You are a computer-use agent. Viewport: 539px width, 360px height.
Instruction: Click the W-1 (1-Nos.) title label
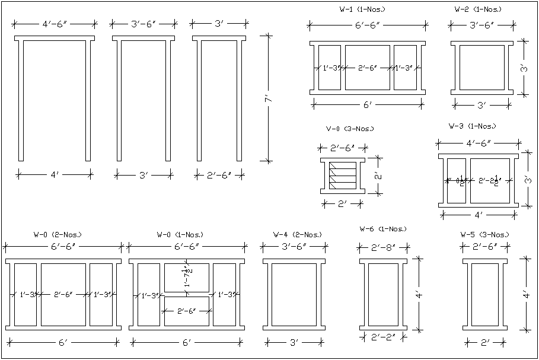362,9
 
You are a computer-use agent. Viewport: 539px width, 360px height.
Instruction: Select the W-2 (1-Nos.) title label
477,9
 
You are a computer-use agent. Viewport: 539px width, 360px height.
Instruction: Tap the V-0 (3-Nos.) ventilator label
350,129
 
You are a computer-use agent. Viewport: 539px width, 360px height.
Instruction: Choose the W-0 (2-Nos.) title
58,234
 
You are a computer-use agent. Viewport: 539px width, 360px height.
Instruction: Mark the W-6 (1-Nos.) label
383,228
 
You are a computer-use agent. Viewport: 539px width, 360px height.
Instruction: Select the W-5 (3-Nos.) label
484,234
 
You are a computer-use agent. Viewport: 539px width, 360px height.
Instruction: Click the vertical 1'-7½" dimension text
188,277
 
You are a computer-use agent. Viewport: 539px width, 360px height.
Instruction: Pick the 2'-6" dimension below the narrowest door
220,175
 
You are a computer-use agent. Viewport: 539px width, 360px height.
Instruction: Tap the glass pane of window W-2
481,68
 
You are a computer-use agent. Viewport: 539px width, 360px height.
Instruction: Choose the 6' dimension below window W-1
368,104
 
